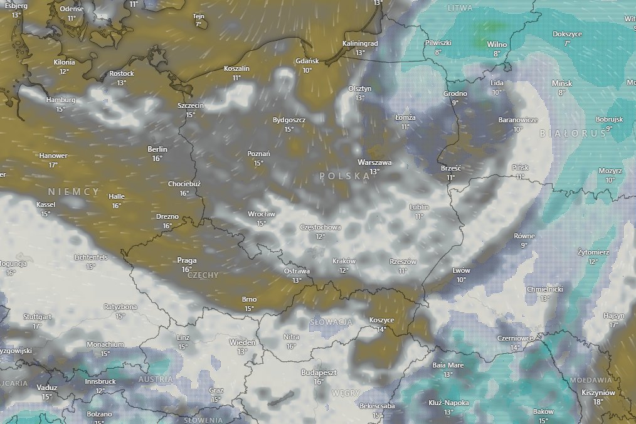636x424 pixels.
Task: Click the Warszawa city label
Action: click(x=374, y=162)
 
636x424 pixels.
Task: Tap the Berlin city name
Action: click(x=157, y=149)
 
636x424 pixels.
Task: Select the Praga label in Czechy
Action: click(x=187, y=260)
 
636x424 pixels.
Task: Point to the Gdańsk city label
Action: click(x=307, y=61)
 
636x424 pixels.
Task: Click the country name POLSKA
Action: click(x=344, y=176)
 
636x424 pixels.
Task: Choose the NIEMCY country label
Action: click(x=75, y=192)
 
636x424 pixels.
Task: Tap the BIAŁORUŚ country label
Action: click(x=573, y=134)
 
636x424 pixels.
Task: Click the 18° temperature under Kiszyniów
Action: click(x=598, y=402)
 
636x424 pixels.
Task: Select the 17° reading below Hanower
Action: click(x=53, y=165)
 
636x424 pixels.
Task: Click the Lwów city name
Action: click(x=461, y=271)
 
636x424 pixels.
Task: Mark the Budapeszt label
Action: click(x=319, y=373)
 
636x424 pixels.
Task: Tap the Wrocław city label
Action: click(x=262, y=214)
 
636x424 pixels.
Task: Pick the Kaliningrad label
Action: click(x=360, y=44)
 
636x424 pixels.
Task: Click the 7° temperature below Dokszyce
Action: click(x=567, y=43)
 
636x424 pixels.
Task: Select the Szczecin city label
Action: click(x=190, y=106)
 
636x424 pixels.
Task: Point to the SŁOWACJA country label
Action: click(x=331, y=322)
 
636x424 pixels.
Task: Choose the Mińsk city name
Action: click(x=562, y=83)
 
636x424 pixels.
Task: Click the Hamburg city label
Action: click(x=61, y=100)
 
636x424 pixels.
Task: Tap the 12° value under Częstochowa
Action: click(x=321, y=236)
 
